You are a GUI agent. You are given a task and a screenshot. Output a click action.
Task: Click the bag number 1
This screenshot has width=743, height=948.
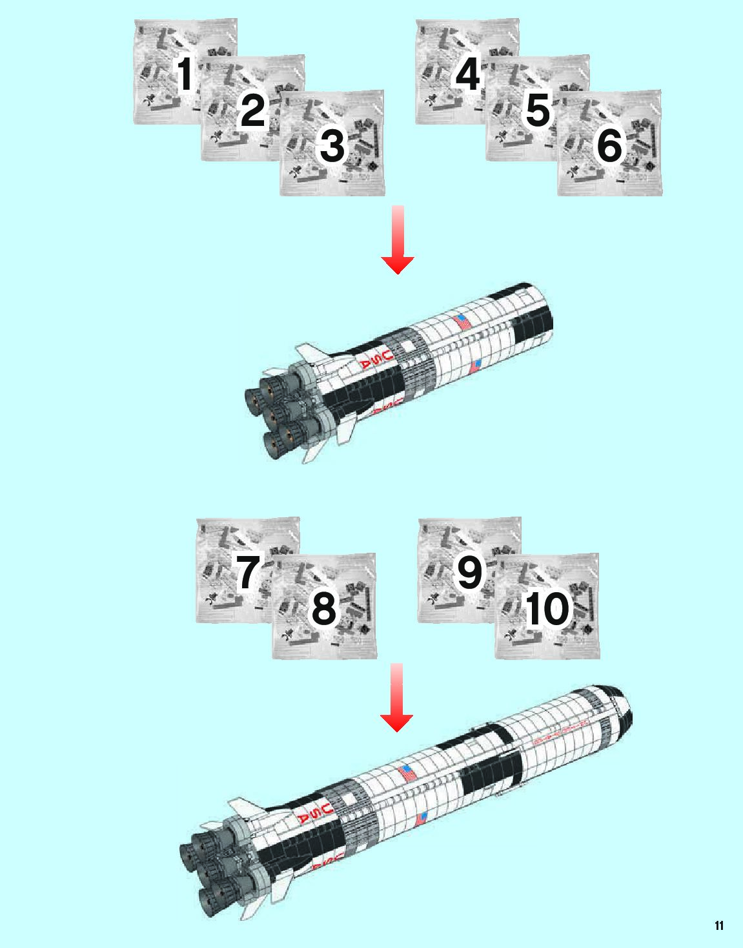point(185,75)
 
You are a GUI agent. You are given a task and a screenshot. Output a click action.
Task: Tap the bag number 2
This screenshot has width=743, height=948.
point(252,110)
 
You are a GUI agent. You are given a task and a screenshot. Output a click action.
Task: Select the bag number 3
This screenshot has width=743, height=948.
point(332,146)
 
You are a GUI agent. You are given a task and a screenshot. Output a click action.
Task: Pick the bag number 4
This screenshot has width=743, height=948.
point(467,75)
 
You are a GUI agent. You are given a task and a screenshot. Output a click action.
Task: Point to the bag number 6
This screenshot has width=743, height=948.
point(609,146)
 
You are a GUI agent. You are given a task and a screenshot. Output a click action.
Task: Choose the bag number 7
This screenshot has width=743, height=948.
point(247,572)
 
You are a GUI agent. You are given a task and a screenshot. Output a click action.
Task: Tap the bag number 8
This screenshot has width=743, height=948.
point(324,608)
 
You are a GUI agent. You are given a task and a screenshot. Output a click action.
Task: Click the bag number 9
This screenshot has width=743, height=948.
point(469,572)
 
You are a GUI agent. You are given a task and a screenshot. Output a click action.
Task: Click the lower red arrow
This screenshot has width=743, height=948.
point(396,698)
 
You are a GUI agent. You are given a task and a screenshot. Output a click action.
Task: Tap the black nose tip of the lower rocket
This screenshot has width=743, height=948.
point(627,714)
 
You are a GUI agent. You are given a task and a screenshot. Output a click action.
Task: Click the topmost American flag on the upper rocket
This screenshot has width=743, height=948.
point(462,322)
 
